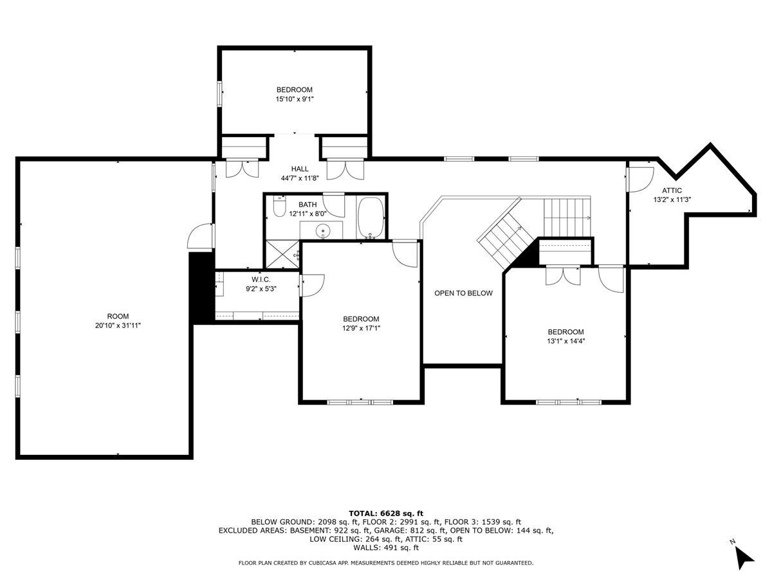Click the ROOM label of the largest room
point(118,316)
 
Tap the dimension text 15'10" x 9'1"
point(295,99)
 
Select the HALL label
point(295,169)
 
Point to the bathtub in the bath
point(370,217)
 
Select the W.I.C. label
point(261,280)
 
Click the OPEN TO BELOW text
point(463,293)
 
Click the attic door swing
point(640,178)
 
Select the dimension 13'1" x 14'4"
point(566,341)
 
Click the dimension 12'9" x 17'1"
point(361,328)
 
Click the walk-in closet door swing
point(313,285)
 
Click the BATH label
point(307,205)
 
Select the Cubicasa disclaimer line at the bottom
point(385,563)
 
